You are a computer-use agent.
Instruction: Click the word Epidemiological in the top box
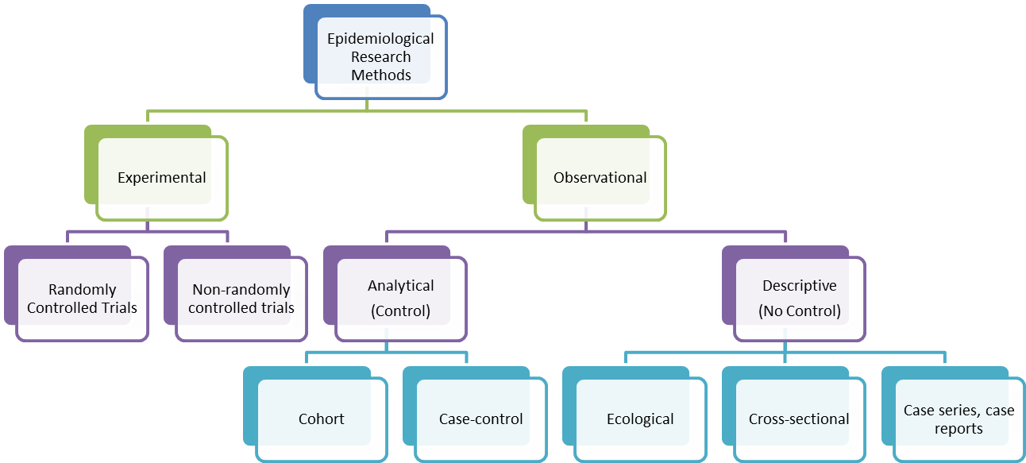pos(381,38)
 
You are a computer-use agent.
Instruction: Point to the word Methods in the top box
pos(381,75)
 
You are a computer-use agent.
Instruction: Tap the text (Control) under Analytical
pos(400,311)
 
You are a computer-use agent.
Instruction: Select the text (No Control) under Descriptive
pos(800,311)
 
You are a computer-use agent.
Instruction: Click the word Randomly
pos(83,290)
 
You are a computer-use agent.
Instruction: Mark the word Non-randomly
pos(241,290)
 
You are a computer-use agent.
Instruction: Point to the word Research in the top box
pos(381,57)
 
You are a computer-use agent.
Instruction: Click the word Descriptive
pos(800,285)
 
